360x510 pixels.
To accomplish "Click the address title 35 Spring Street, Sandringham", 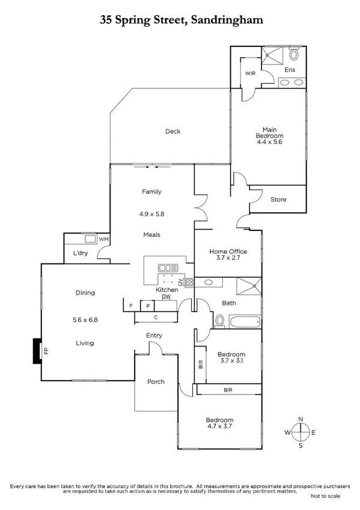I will pos(181,20).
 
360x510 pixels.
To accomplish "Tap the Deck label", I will pos(172,131).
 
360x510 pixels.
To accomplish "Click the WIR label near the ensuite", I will pos(251,74).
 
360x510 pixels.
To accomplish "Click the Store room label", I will pos(278,199).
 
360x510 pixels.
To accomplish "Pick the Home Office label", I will pos(228,251).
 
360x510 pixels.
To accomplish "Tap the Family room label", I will pos(151,192).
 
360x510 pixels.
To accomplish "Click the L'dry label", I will pos(81,253).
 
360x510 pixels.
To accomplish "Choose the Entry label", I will pos(154,336).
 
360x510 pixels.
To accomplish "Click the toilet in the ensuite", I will pos(293,55).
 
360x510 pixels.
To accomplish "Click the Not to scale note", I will pos(326,496).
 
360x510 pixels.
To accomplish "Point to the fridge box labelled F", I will pos(130,306).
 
